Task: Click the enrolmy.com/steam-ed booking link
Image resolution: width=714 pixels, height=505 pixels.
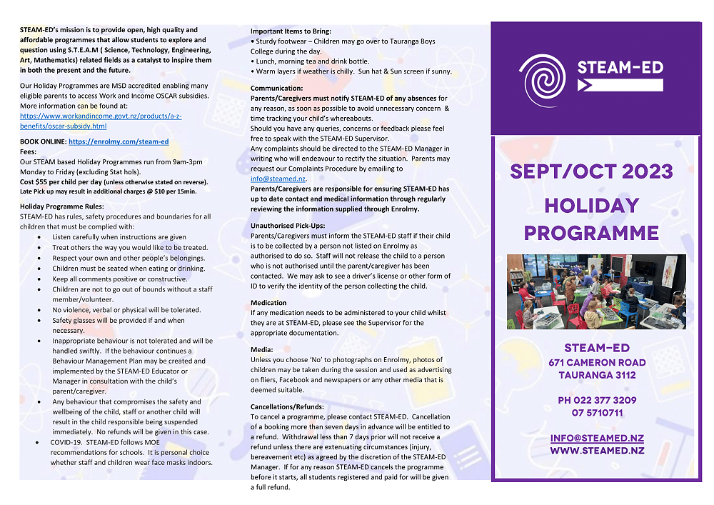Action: pos(119,142)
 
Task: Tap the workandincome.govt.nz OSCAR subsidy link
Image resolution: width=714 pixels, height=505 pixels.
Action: pos(101,121)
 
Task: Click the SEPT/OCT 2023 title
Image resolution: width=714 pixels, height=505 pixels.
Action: pos(590,172)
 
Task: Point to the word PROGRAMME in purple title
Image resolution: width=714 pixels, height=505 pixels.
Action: pos(591,233)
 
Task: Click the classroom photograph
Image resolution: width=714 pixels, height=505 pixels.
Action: pos(596,291)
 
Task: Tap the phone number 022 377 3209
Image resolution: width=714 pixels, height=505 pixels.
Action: pos(597,401)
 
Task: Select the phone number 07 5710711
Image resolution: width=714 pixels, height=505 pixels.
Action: pos(597,413)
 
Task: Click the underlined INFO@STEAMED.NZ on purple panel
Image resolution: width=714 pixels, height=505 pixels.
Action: pos(597,438)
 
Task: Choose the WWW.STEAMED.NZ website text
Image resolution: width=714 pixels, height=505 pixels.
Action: pos(597,451)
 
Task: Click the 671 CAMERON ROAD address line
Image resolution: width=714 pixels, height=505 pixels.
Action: pos(597,362)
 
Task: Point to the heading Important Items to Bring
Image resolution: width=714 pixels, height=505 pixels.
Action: pos(291,31)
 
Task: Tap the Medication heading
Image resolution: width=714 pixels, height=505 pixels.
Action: pos(268,303)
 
